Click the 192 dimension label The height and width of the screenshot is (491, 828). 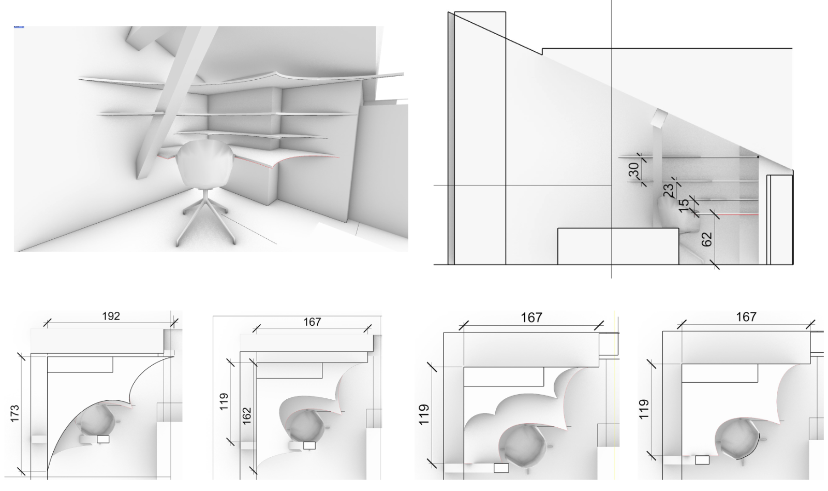111,316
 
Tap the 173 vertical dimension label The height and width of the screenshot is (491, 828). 15,414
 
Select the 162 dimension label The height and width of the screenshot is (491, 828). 246,415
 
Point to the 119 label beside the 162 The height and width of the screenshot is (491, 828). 224,401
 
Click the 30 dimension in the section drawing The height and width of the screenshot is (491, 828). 633,170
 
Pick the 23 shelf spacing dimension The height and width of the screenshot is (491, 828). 668,191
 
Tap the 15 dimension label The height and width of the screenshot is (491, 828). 684,206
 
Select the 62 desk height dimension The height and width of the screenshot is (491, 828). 706,239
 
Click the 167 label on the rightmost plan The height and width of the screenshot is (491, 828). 746,317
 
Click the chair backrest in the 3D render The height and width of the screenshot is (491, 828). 205,163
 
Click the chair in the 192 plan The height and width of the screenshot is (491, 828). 96,421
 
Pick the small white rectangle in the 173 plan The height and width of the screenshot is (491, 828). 103,439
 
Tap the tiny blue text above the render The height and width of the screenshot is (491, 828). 19,26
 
